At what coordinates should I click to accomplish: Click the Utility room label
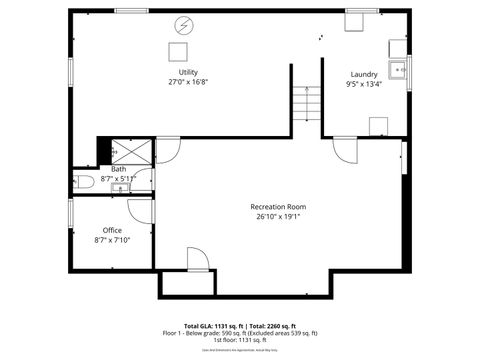click(188, 73)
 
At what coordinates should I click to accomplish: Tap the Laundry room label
click(364, 74)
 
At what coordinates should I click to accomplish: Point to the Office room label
click(112, 230)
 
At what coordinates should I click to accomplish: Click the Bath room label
click(118, 169)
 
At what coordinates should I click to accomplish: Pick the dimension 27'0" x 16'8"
click(188, 83)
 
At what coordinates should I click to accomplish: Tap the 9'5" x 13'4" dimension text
click(364, 84)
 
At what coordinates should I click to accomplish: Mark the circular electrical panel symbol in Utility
click(183, 25)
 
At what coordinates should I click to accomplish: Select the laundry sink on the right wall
click(398, 69)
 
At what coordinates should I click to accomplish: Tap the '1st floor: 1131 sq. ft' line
click(239, 340)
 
